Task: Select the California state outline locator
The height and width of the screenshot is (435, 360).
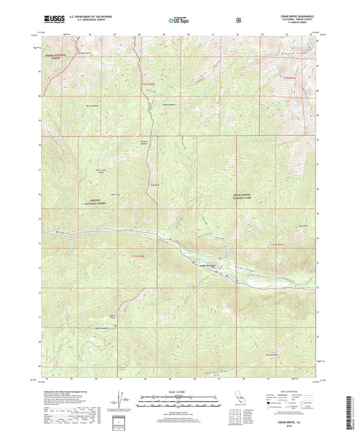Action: (240, 405)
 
